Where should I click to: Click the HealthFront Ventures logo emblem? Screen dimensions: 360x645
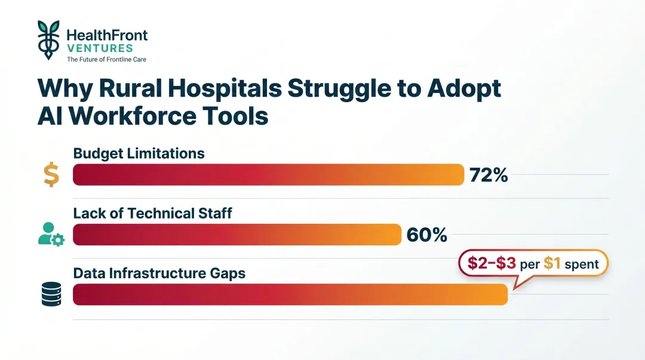48,39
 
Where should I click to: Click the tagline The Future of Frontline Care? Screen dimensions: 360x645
106,60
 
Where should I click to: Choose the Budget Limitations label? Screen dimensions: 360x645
139,153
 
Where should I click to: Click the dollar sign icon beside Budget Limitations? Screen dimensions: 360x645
51,174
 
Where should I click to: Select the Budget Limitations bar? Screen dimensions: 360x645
268,175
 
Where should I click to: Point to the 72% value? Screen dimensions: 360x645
489,175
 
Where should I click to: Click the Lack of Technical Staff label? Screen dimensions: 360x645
152,213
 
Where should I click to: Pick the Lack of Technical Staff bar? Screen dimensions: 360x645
236,235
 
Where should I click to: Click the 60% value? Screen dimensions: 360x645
426,235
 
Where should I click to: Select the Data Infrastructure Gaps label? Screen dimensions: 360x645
159,273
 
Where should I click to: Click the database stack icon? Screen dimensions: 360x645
51,294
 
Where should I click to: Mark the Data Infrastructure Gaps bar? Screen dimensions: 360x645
290,294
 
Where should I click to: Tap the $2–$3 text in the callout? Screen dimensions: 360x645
492,264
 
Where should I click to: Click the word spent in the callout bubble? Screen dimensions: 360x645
582,264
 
